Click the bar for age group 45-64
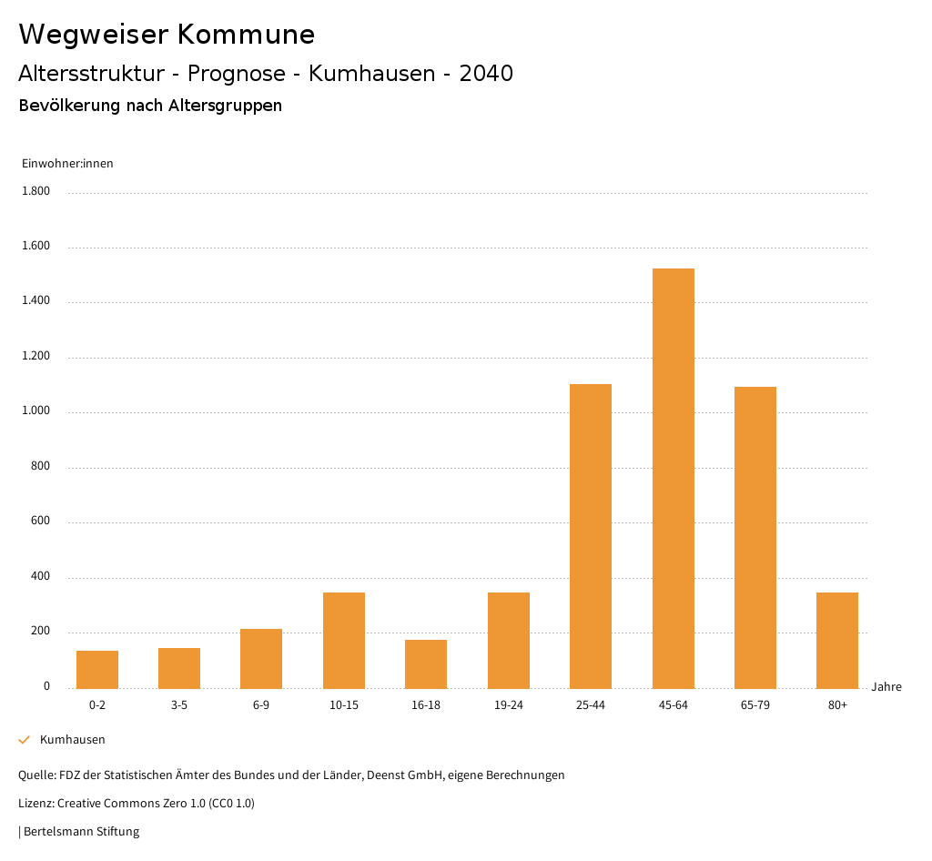[x=673, y=478]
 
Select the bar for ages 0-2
[x=97, y=669]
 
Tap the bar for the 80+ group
[x=837, y=640]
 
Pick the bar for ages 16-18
[x=426, y=663]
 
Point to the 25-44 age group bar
[x=591, y=536]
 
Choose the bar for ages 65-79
[x=755, y=537]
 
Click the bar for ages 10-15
[x=344, y=640]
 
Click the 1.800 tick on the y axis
[x=36, y=191]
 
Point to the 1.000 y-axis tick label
[x=36, y=411]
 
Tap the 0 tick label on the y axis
[x=46, y=686]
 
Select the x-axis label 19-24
[x=509, y=705]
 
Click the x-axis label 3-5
[x=179, y=705]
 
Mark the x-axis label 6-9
[x=261, y=705]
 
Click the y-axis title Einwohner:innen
[x=67, y=164]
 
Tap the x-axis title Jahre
[x=886, y=687]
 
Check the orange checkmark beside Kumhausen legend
[x=25, y=740]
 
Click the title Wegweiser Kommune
[x=167, y=35]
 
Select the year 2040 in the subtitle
[x=486, y=74]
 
